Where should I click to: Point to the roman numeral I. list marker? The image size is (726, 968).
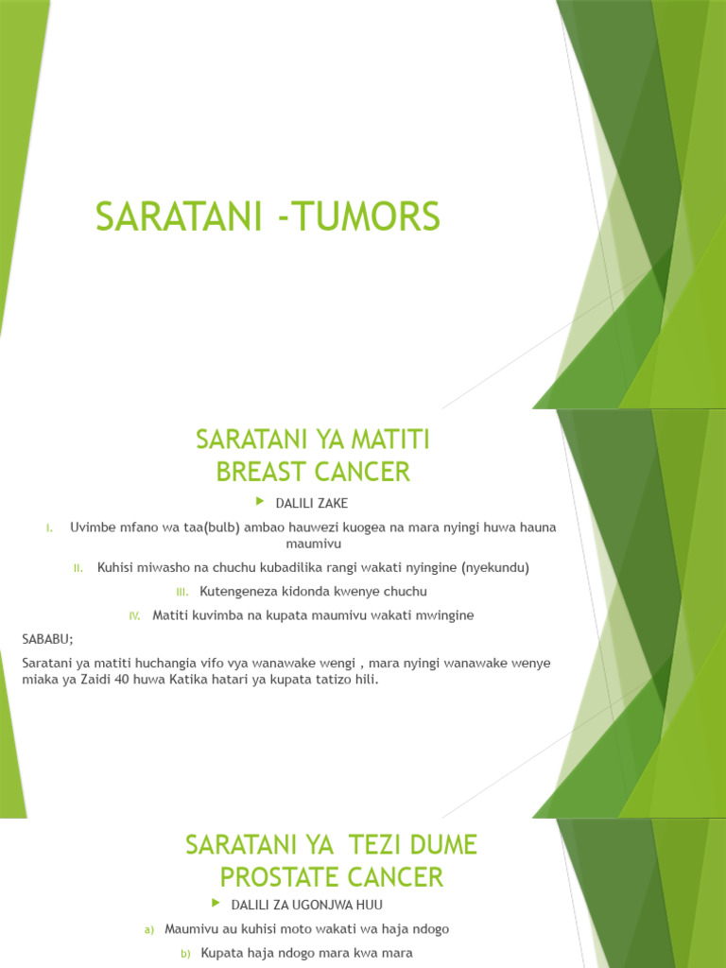[x=50, y=527]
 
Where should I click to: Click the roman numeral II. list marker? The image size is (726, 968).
[x=79, y=568]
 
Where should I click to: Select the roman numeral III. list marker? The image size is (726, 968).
[x=182, y=592]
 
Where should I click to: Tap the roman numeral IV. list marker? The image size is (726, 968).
[x=134, y=615]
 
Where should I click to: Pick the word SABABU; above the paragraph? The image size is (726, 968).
[x=47, y=639]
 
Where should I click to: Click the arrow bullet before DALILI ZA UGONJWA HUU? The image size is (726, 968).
[x=216, y=904]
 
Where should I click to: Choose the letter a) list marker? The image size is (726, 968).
[x=149, y=929]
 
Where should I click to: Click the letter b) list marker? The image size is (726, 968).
[x=185, y=954]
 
